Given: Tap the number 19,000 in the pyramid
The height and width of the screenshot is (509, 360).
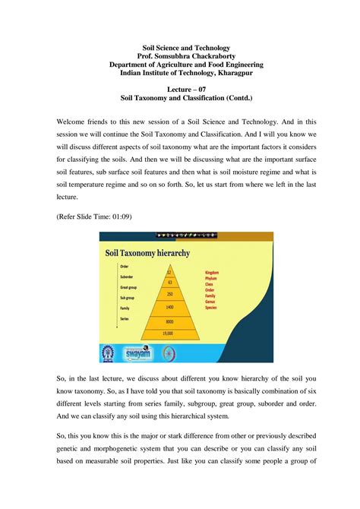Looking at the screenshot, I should pos(169,333).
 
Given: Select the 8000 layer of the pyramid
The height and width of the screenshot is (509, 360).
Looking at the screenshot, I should pos(169,321).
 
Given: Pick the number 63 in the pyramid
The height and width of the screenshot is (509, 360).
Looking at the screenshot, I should pos(169,281).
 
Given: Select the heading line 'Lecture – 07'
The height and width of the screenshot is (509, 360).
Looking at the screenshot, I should pos(179,89).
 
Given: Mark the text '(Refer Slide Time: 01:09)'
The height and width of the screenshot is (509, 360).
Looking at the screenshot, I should pos(94,217).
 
